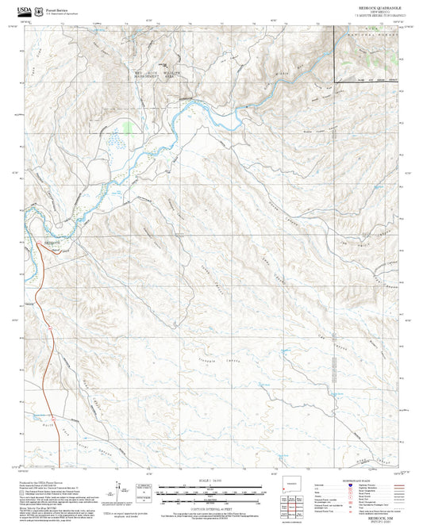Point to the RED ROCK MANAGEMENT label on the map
pos(145,75)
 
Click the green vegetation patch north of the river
pos(129,125)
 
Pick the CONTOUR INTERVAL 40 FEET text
pos(210,499)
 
